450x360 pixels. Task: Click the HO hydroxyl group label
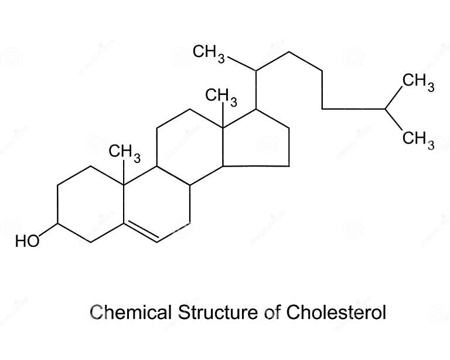[28, 241]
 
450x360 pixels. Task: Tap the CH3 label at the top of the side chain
[209, 53]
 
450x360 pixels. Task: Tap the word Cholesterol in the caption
[336, 312]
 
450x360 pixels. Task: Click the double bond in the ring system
[141, 233]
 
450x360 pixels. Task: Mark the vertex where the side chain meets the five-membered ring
[257, 109]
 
